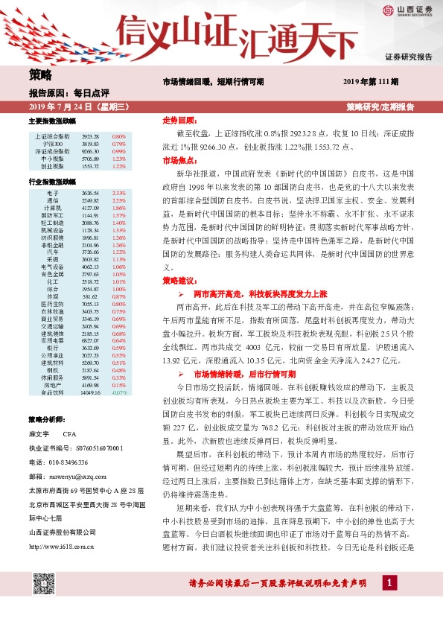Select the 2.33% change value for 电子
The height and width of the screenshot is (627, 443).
pyautogui.click(x=118, y=193)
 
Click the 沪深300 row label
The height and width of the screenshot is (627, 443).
pyautogui.click(x=53, y=144)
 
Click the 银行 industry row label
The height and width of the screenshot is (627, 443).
pyautogui.click(x=53, y=348)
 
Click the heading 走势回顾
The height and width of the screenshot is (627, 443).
pyautogui.click(x=178, y=120)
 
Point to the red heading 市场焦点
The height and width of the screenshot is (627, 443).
pyautogui.click(x=178, y=160)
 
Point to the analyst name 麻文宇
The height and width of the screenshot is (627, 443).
pyautogui.click(x=38, y=433)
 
